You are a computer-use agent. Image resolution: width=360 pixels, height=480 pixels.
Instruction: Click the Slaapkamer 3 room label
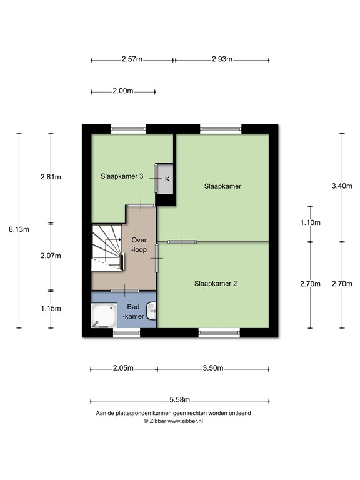click(x=122, y=176)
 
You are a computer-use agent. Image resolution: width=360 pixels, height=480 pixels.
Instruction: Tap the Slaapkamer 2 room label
click(x=216, y=284)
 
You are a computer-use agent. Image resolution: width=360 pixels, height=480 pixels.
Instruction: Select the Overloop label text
click(x=139, y=245)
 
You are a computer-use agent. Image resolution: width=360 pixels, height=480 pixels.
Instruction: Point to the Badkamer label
click(x=133, y=312)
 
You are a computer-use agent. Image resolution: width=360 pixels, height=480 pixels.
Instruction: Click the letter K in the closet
click(x=167, y=179)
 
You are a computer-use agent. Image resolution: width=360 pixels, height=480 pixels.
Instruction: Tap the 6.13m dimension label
click(x=19, y=229)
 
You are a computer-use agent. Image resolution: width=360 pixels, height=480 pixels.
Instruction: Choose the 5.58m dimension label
click(x=180, y=400)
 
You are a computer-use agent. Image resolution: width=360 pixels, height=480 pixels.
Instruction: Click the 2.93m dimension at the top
click(x=222, y=59)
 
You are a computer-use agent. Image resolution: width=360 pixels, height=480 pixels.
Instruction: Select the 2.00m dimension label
click(x=122, y=91)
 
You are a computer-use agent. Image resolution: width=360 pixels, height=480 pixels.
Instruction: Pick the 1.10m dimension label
click(x=310, y=223)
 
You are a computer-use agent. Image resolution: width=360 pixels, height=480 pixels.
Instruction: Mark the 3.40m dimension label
click(x=342, y=186)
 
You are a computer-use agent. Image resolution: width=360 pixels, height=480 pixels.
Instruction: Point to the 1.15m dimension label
click(x=51, y=309)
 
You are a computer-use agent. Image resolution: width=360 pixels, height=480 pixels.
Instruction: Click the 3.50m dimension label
click(x=212, y=368)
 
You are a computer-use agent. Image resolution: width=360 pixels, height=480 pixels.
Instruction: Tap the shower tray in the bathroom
click(x=104, y=316)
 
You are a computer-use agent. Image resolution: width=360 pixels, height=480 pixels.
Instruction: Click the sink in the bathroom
click(x=151, y=311)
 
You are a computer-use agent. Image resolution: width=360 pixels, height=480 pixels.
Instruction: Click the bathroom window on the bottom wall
click(x=127, y=333)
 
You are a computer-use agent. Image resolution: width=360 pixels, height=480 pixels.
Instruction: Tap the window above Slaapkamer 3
click(x=128, y=129)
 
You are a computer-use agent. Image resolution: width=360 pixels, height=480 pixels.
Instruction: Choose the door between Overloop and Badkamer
click(x=125, y=291)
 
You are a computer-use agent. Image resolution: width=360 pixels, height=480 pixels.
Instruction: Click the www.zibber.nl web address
click(x=185, y=421)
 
